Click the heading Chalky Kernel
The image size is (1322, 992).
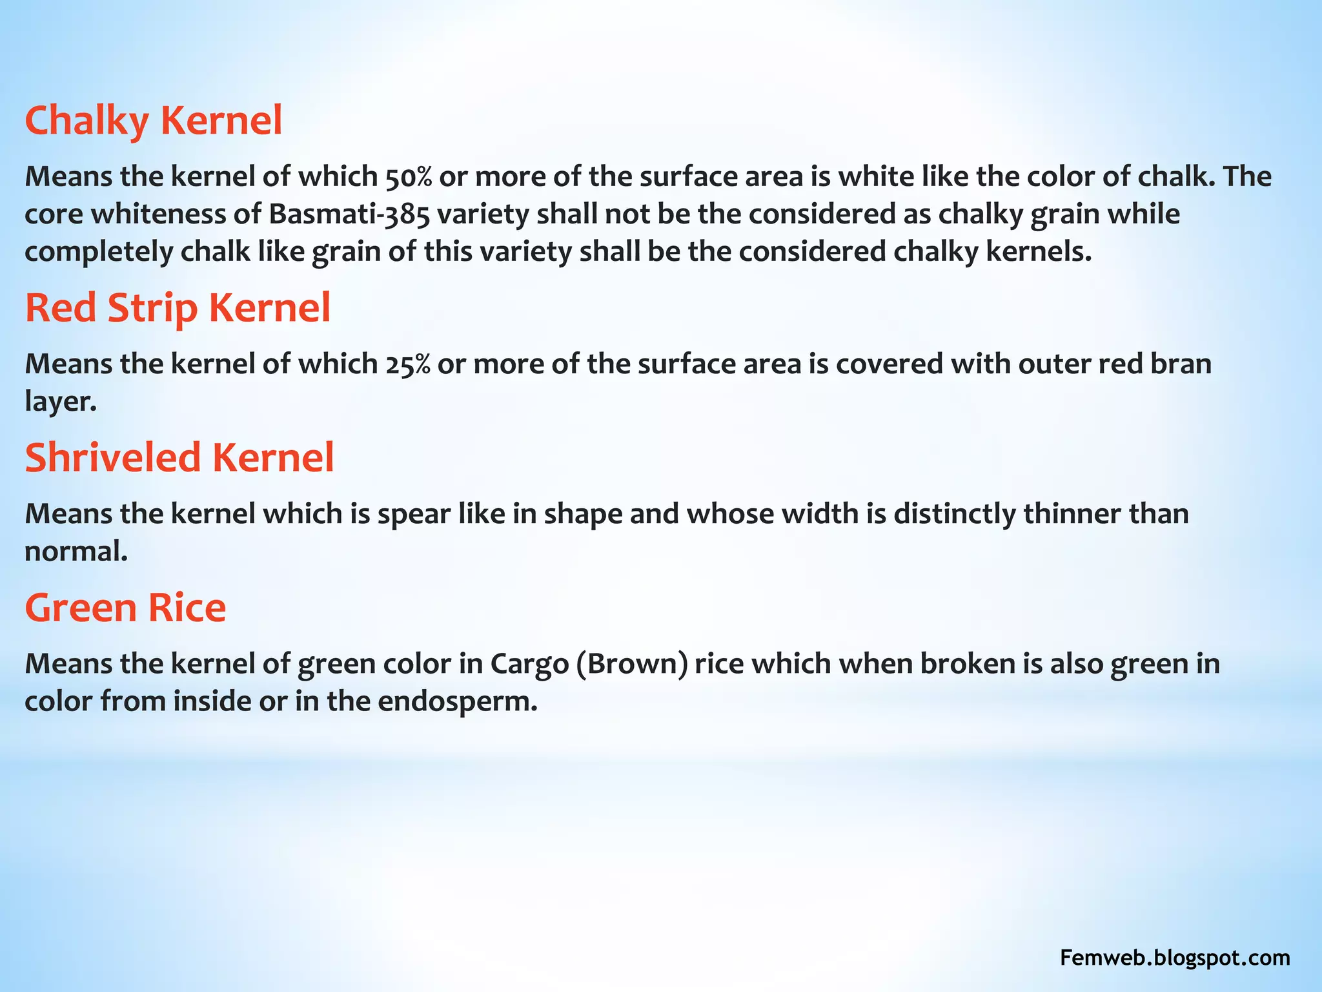tap(154, 121)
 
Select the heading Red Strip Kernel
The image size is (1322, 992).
tap(178, 307)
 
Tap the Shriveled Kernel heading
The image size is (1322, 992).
tap(179, 457)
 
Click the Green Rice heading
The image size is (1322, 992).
tap(125, 608)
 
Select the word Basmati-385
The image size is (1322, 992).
tap(349, 214)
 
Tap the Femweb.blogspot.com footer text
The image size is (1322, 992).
tap(1175, 958)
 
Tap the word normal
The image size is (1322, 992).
tap(76, 552)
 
